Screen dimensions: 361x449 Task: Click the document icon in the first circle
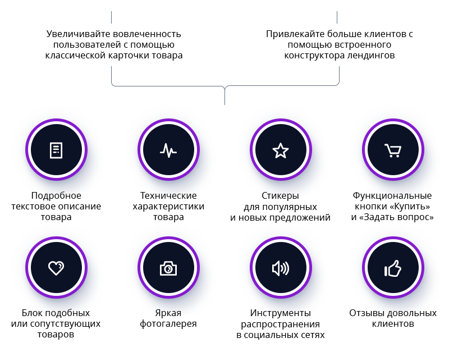point(56,150)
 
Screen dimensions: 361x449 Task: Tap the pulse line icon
point(168,150)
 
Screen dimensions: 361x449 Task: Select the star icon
point(281,150)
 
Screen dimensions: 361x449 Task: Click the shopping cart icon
point(393,150)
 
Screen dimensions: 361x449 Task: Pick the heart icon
point(56,268)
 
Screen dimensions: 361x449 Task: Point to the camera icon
point(168,268)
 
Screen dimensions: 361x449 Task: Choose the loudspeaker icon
point(281,268)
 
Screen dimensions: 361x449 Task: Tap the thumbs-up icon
point(393,268)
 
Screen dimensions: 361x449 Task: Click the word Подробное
point(56,195)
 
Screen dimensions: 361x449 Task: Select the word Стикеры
point(281,195)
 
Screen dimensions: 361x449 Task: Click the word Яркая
point(168,313)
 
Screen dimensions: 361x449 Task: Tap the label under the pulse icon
point(168,201)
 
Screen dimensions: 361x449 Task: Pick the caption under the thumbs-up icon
point(393,313)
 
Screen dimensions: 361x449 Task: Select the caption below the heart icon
point(56,319)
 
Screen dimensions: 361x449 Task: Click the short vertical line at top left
point(111,17)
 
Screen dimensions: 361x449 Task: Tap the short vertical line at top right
point(337,17)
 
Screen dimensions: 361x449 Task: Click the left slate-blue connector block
point(152,76)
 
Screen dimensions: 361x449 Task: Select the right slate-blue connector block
point(297,76)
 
